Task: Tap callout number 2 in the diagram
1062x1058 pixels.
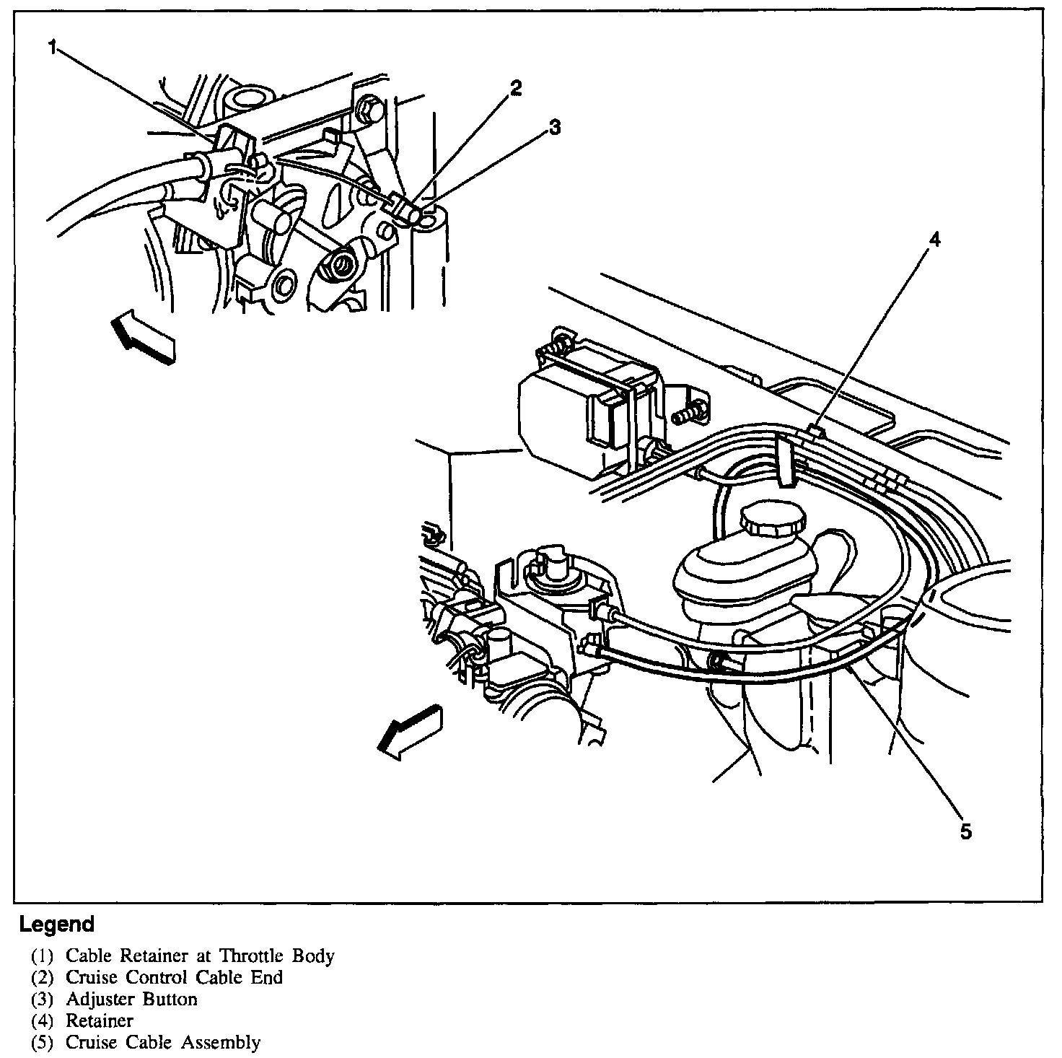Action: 514,89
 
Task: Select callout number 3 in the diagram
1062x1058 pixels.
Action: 554,128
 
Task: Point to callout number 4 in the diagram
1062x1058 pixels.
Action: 934,241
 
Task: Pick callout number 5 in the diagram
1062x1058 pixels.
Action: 965,831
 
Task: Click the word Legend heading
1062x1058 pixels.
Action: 57,924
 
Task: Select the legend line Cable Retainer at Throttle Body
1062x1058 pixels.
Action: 200,956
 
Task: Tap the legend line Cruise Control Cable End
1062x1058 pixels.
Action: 174,978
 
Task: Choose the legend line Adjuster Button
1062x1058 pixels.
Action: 131,1000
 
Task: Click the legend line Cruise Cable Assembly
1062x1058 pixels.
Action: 163,1043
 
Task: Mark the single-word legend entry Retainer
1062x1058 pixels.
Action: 100,1021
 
